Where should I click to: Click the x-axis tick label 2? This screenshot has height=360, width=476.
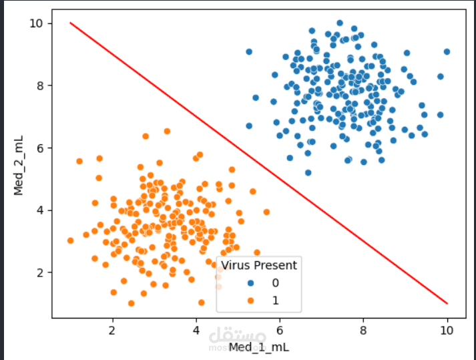point(112,330)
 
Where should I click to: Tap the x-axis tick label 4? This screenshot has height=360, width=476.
point(196,330)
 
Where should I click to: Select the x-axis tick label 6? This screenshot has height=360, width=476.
point(280,330)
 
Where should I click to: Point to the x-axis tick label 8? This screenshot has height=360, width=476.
point(363,330)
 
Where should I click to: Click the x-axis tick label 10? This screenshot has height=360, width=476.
point(447,330)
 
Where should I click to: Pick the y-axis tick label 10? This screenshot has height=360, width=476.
point(36,23)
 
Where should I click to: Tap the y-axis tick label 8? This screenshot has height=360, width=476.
point(40,85)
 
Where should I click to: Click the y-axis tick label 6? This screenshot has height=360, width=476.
point(40,148)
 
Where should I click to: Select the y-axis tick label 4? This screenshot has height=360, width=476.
point(40,210)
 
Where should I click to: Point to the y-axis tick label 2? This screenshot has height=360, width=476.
point(40,273)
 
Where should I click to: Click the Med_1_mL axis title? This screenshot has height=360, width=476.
point(259,347)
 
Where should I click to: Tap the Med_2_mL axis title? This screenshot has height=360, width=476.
point(19,166)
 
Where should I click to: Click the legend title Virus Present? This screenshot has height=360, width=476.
point(259,265)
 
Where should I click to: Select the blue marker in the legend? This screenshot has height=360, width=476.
point(250,283)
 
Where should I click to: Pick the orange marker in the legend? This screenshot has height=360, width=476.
point(250,301)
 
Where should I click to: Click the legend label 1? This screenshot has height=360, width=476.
point(275,301)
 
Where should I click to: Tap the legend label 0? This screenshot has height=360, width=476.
point(275,283)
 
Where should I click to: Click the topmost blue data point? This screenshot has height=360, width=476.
point(340,23)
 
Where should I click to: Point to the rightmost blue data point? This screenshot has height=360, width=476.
point(447,52)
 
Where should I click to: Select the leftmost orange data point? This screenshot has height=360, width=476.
point(70,240)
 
